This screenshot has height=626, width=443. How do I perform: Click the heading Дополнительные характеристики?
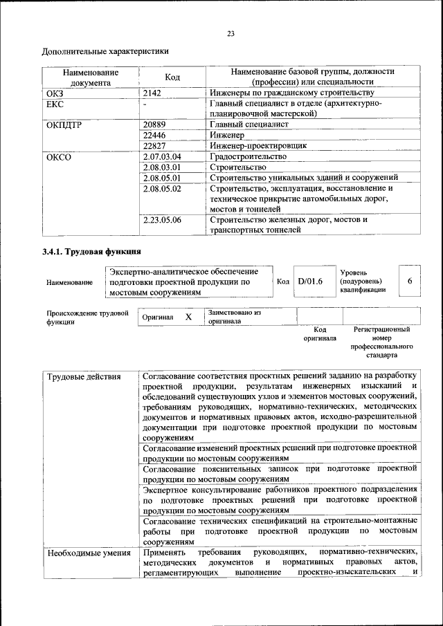click(105, 51)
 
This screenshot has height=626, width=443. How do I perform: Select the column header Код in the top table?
click(172, 77)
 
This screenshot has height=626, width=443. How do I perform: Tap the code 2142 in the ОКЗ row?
click(152, 92)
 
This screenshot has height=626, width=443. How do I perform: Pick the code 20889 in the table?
click(154, 125)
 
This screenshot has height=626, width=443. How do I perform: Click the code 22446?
click(154, 135)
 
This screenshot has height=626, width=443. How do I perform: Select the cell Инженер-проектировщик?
click(257, 145)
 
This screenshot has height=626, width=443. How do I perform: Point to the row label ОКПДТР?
click(64, 125)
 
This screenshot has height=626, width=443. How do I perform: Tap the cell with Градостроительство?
click(247, 156)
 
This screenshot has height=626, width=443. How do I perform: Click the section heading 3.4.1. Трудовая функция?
click(92, 251)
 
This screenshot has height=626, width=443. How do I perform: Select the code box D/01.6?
click(310, 282)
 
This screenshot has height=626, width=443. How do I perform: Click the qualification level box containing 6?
click(410, 282)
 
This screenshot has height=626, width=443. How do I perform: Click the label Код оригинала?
click(319, 334)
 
